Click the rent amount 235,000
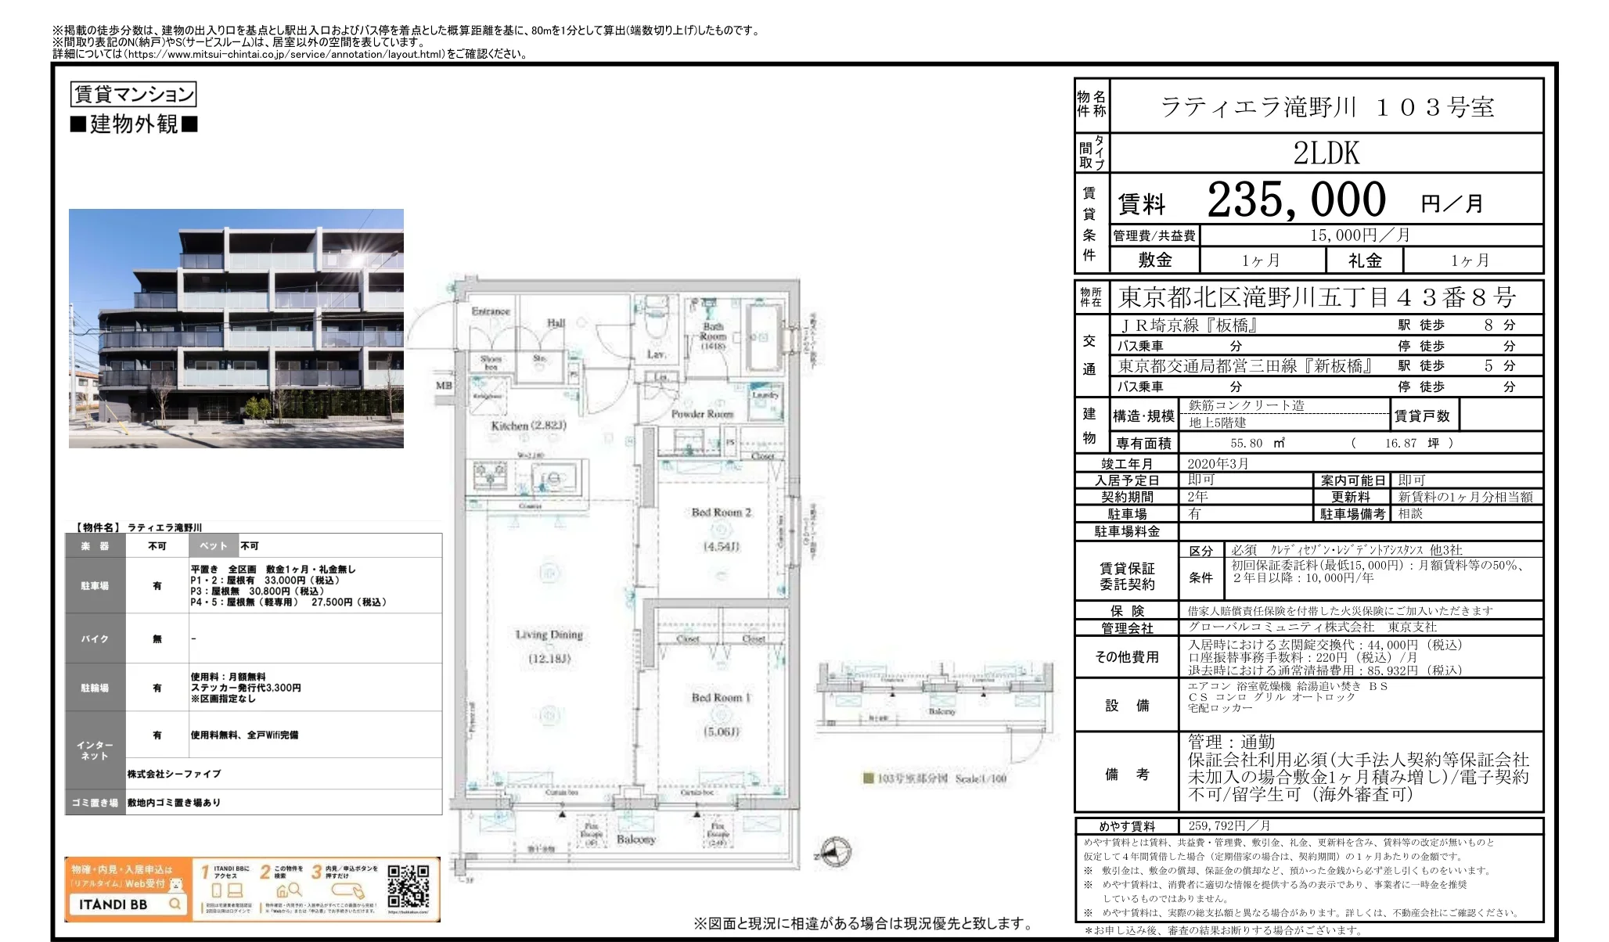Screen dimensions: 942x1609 click(x=1296, y=200)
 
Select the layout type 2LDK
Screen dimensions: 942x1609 click(x=1326, y=153)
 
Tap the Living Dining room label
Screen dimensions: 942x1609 click(x=549, y=635)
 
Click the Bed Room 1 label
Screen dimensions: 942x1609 click(x=721, y=697)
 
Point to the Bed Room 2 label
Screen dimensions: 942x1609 click(x=721, y=512)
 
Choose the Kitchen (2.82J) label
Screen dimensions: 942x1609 click(x=528, y=426)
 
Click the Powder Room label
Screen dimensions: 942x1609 click(x=702, y=413)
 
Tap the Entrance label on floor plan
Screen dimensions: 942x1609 click(x=491, y=311)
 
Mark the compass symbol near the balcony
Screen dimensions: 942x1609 click(x=834, y=852)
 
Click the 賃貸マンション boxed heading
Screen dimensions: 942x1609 click(x=133, y=95)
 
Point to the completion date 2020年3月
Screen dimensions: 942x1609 click(x=1218, y=464)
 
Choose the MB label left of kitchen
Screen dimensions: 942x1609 click(x=444, y=385)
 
